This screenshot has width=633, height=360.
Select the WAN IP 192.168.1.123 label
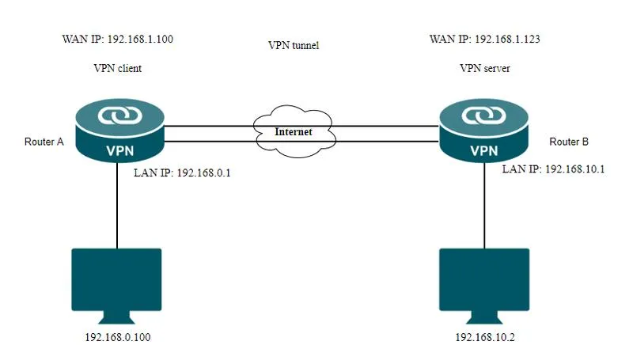(484, 38)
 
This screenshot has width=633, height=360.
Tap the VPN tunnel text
(294, 46)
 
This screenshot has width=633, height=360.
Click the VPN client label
(117, 69)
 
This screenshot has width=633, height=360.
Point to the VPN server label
(484, 69)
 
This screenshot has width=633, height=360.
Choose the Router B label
(568, 142)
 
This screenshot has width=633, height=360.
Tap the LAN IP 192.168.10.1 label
(553, 169)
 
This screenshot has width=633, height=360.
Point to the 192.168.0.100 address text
(117, 338)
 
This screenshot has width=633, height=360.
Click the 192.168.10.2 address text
(483, 338)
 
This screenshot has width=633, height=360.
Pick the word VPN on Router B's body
(483, 150)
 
